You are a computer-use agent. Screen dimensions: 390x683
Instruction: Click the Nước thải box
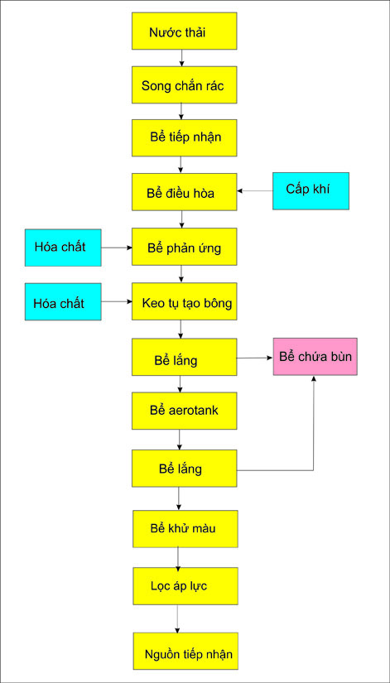[185, 31]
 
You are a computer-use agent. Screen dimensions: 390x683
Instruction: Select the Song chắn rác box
[185, 85]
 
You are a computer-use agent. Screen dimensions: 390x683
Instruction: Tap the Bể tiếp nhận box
[185, 137]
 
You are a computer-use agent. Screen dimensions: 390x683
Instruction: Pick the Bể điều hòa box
[185, 192]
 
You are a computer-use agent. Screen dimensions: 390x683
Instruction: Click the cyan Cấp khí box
[311, 190]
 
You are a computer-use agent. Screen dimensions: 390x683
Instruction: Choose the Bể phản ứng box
[185, 247]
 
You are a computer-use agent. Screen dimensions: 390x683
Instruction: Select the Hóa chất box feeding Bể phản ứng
[63, 248]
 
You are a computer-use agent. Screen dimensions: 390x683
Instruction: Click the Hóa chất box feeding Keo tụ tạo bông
[63, 302]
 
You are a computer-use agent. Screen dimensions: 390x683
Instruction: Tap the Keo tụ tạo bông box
[185, 301]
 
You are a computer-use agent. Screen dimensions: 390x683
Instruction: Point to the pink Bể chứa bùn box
[315, 357]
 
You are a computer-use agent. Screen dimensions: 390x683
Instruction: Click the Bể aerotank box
[185, 411]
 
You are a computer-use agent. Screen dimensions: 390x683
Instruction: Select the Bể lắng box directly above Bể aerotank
[185, 357]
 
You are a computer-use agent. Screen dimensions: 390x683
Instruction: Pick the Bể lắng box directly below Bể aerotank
[185, 469]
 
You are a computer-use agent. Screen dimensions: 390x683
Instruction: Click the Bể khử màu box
[185, 529]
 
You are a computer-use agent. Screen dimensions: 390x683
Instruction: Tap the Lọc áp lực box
[185, 586]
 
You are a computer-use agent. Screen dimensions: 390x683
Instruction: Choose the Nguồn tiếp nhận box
[185, 651]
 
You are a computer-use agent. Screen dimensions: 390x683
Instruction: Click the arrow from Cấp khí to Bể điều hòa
[255, 190]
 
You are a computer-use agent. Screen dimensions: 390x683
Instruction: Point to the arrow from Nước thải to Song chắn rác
[181, 58]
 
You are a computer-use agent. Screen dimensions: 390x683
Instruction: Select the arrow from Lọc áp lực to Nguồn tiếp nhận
[177, 618]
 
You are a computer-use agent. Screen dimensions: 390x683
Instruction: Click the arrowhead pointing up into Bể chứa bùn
[313, 378]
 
